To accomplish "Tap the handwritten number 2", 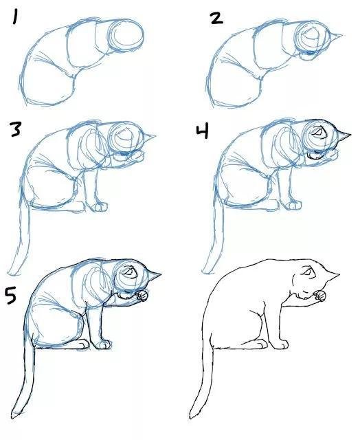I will click(x=216, y=18).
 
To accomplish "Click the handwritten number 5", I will click(x=12, y=296).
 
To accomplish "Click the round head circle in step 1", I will click(x=128, y=34).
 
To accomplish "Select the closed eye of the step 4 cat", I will click(x=318, y=131).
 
